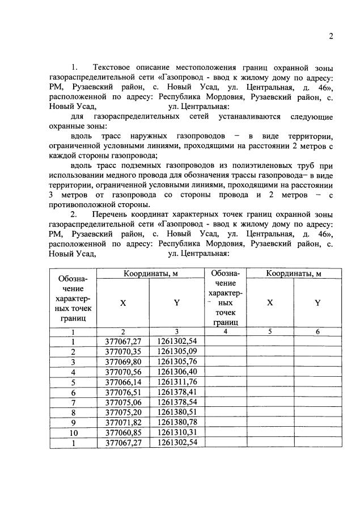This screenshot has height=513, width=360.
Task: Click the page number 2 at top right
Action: [x=331, y=37]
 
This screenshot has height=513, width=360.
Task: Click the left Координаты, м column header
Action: [x=151, y=274]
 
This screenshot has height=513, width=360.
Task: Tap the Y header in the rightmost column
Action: [x=317, y=302]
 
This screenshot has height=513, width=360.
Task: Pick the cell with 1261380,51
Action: [x=177, y=412]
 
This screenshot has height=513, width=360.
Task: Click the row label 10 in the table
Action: [x=73, y=432]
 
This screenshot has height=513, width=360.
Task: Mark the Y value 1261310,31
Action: [x=177, y=432]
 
